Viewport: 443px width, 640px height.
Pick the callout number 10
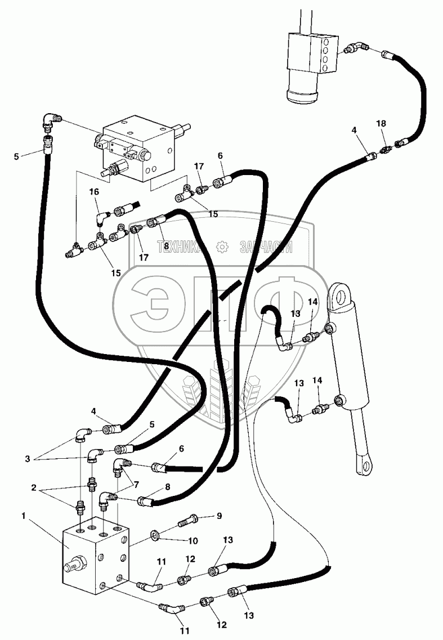tap(193, 541)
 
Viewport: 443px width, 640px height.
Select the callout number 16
tap(94, 192)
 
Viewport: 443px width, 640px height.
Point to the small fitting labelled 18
tap(386, 150)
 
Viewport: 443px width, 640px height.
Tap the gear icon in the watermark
tap(222, 246)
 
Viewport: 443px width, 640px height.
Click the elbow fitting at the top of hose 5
tap(52, 119)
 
